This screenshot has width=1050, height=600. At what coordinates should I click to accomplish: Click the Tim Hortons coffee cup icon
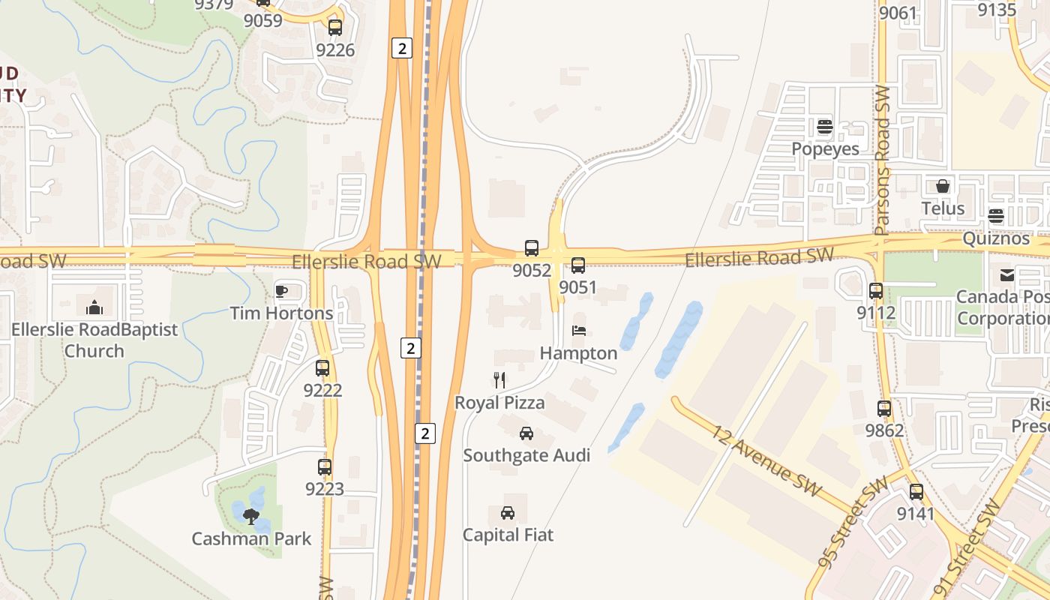[x=281, y=291]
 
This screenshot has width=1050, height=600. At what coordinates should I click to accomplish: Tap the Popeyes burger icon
[x=825, y=127]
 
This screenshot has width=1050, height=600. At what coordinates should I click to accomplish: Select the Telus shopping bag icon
[x=943, y=186]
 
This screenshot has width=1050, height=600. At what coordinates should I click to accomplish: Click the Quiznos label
[x=996, y=238]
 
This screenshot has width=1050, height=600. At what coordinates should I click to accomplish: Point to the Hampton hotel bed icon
[x=578, y=330]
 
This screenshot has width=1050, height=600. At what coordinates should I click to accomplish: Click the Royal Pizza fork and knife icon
[x=499, y=380]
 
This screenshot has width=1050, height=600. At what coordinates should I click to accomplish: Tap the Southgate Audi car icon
[x=526, y=433]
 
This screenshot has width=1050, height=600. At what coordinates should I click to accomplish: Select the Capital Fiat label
[x=508, y=535]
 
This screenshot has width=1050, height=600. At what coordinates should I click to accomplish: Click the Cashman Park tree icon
[x=250, y=516]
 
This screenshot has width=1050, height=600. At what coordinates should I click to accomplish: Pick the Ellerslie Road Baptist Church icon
[x=94, y=307]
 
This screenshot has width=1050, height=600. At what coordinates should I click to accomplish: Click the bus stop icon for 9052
[x=532, y=248]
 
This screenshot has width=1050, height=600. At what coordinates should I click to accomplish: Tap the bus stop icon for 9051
[x=577, y=265]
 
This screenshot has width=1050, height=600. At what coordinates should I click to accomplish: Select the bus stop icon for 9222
[x=322, y=368]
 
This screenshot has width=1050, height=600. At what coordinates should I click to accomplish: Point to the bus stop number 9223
[x=324, y=489]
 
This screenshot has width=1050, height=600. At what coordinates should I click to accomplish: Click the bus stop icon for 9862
[x=884, y=409]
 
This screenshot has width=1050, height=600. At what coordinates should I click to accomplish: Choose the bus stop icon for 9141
[x=916, y=492]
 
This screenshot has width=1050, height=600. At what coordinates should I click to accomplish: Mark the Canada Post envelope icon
[x=1007, y=275]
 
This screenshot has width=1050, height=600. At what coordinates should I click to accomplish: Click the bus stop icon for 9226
[x=334, y=28]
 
